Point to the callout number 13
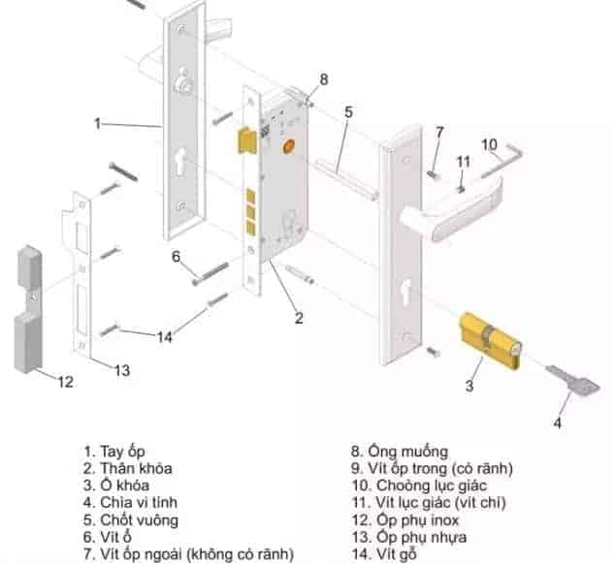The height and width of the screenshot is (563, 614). (x=121, y=370)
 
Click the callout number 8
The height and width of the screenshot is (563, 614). (x=324, y=78)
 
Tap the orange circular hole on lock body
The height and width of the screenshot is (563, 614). (x=286, y=146)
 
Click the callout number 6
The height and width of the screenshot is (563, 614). (x=177, y=257)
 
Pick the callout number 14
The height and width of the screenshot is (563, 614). (x=165, y=336)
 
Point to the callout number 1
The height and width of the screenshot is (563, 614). (x=98, y=123)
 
